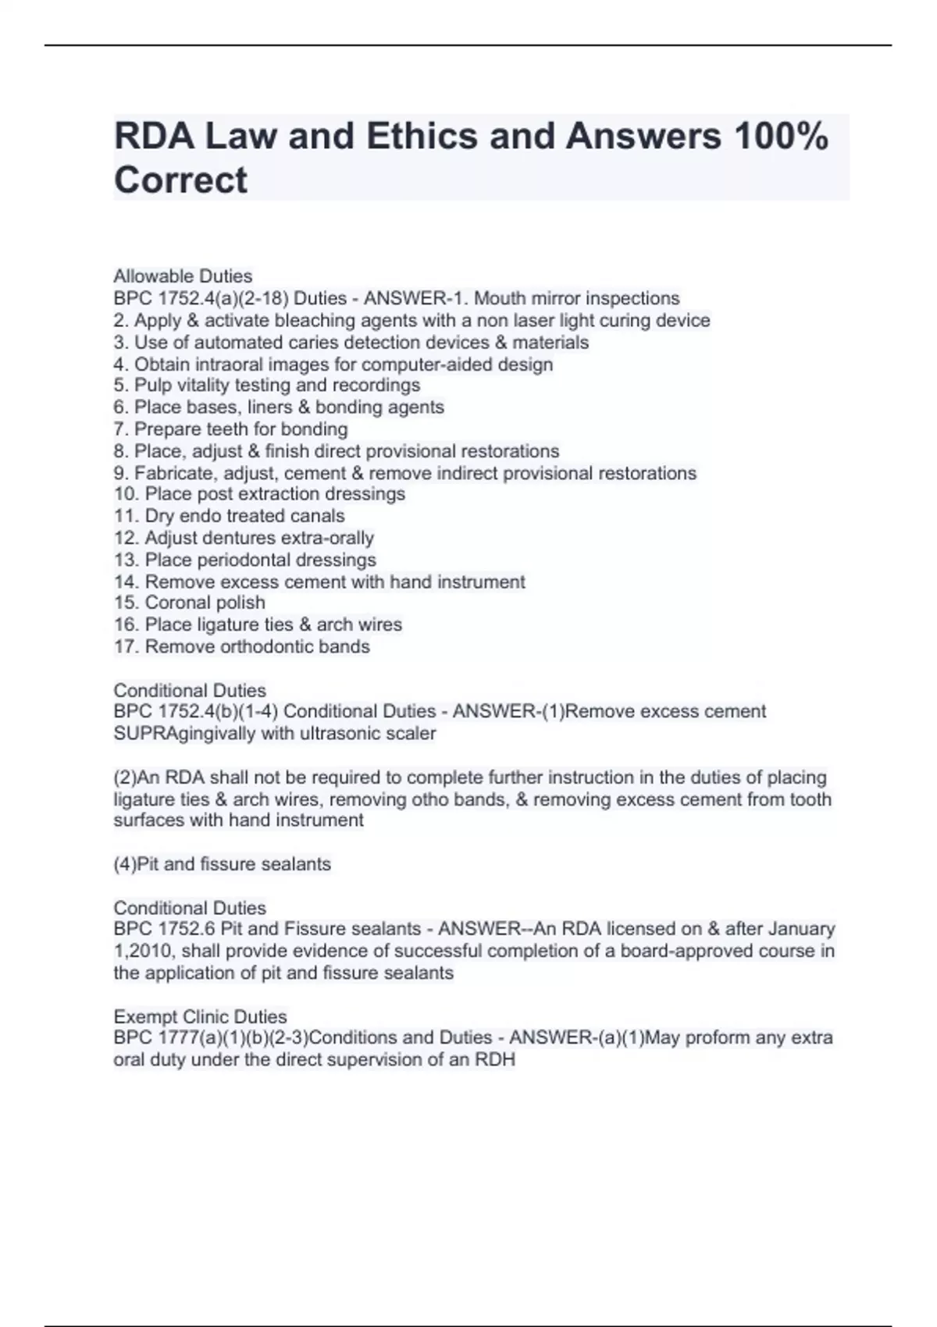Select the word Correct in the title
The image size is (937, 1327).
[x=180, y=180]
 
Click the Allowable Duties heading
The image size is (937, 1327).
[x=183, y=276]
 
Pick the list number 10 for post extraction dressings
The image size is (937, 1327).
[x=126, y=494]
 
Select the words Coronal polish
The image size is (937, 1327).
[x=205, y=603]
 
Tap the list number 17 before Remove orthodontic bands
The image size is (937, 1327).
[x=126, y=646]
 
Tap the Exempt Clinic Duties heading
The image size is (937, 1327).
[x=200, y=1017]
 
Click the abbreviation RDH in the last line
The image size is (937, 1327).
[x=495, y=1060]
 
